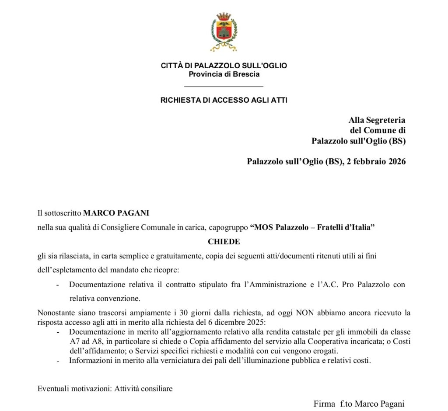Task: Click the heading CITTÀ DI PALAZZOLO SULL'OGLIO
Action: pos(224,66)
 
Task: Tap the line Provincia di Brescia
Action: pos(224,74)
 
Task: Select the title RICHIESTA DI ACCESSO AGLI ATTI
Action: pos(224,100)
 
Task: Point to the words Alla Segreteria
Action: pos(377,120)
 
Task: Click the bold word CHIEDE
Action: pos(224,241)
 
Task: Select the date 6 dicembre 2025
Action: pos(241,323)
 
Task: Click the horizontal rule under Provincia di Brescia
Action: pos(224,86)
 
